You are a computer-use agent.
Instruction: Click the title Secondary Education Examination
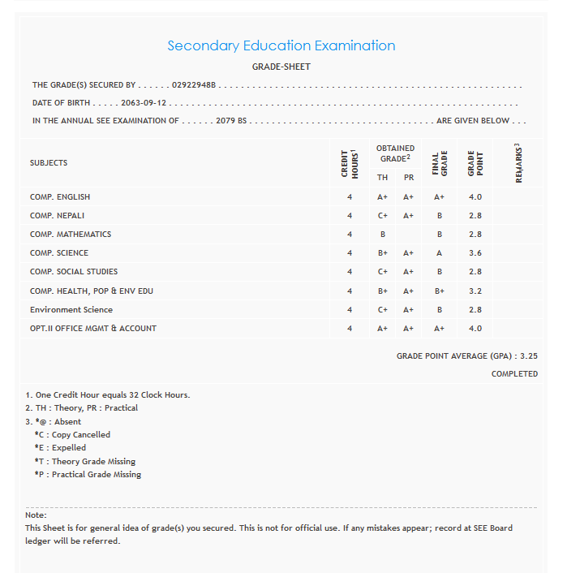281,45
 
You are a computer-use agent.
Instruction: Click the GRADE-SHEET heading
281,67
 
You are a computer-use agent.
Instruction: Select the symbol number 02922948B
195,84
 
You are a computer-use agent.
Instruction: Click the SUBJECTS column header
49,162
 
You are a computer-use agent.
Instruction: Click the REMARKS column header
518,163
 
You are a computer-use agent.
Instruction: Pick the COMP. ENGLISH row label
60,196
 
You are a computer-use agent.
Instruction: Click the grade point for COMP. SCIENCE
475,253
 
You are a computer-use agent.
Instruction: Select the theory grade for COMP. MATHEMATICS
382,235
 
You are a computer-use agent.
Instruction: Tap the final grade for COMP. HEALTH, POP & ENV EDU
439,291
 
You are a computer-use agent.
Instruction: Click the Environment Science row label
71,309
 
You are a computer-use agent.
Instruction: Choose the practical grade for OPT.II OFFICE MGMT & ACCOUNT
409,329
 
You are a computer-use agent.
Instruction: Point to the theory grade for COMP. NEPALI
382,216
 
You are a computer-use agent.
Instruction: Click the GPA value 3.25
528,355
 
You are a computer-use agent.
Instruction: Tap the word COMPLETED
514,374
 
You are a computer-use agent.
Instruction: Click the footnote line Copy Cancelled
72,434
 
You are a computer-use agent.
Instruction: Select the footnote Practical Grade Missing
88,474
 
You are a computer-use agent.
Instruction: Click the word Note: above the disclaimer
36,515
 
